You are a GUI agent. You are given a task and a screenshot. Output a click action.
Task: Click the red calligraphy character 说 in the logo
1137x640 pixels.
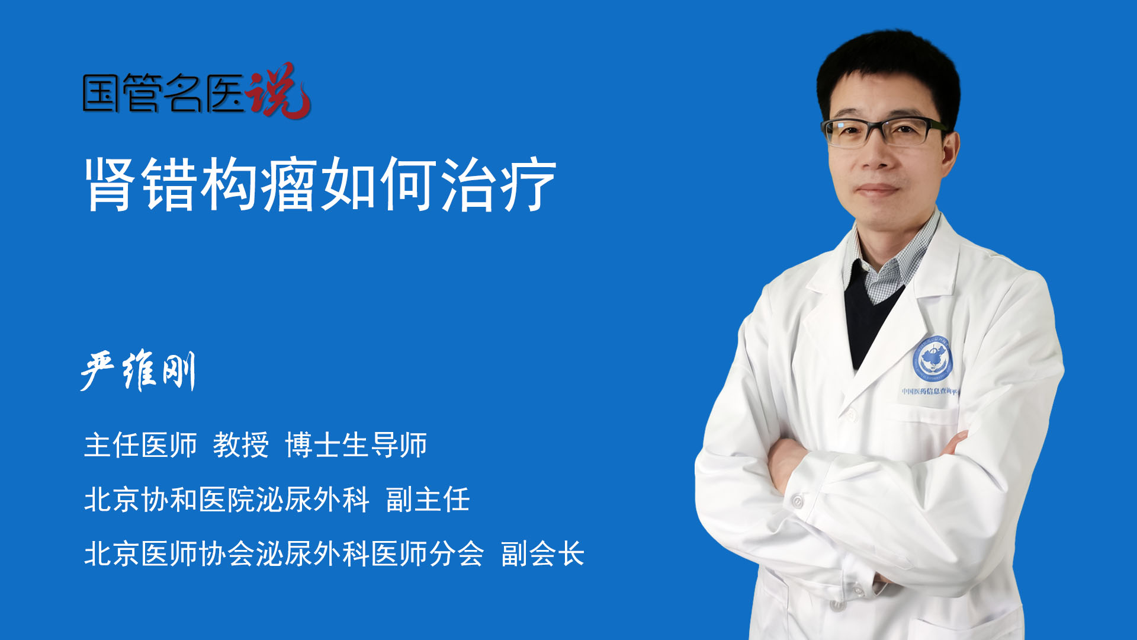pyautogui.click(x=278, y=91)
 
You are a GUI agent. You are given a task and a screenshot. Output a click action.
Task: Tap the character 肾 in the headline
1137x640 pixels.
pyautogui.click(x=110, y=184)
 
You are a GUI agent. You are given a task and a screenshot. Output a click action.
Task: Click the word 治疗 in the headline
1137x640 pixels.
pyautogui.click(x=499, y=184)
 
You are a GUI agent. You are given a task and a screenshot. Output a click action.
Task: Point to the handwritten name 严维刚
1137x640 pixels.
pyautogui.click(x=138, y=371)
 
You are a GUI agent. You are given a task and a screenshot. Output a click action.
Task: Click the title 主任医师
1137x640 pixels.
pyautogui.click(x=140, y=445)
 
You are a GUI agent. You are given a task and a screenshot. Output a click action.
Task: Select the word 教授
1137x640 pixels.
pyautogui.click(x=241, y=445)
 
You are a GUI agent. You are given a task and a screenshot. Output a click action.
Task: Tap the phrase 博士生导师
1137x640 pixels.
pyautogui.click(x=356, y=445)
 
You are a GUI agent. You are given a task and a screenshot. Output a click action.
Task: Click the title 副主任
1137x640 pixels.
pyautogui.click(x=428, y=500)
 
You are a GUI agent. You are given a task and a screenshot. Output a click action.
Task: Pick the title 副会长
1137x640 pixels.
pyautogui.click(x=543, y=554)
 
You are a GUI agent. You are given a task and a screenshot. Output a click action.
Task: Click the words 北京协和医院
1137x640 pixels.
pyautogui.click(x=169, y=500)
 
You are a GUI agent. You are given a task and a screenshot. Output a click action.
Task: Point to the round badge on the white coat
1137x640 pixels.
pyautogui.click(x=933, y=359)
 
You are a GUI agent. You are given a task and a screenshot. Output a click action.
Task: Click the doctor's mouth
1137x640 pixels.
pyautogui.click(x=877, y=190)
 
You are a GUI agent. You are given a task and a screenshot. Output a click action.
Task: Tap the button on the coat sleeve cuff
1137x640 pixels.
pyautogui.click(x=798, y=502)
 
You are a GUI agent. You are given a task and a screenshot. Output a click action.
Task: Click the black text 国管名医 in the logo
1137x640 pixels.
pyautogui.click(x=163, y=93)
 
